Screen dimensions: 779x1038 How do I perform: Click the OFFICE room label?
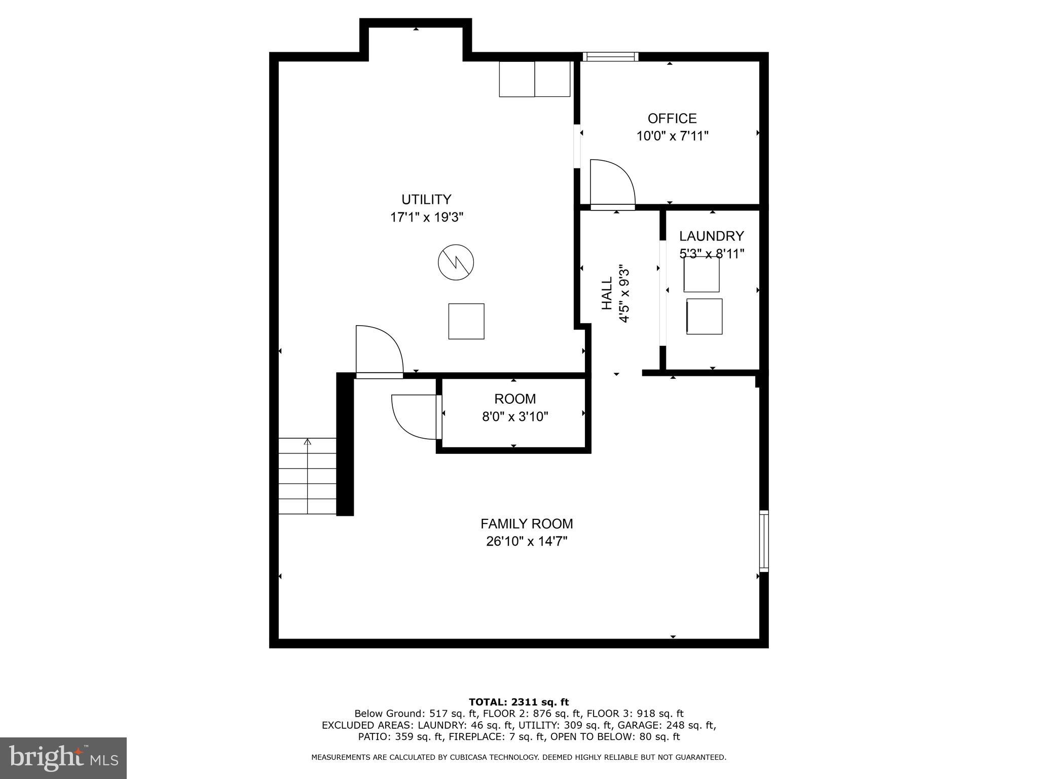(x=672, y=118)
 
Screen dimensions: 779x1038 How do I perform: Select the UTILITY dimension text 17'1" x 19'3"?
(x=427, y=217)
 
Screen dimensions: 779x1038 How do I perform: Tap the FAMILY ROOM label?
(x=527, y=523)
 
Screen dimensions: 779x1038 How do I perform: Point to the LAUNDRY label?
(x=711, y=236)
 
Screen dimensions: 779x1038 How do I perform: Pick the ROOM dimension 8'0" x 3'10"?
(x=515, y=417)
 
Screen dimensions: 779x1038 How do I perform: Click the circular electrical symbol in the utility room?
(x=456, y=262)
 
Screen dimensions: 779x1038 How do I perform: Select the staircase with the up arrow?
(x=307, y=476)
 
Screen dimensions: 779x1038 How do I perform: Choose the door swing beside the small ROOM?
(x=414, y=417)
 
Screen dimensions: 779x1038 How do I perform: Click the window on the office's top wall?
(x=610, y=56)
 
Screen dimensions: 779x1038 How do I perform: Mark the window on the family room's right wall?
(x=763, y=541)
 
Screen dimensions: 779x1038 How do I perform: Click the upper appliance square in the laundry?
(x=701, y=275)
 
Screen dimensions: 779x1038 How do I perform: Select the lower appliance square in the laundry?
(x=704, y=316)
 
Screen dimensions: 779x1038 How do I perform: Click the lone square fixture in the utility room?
(x=466, y=321)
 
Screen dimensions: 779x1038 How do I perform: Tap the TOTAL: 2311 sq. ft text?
(x=518, y=702)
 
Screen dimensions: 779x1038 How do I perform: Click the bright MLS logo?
(x=63, y=758)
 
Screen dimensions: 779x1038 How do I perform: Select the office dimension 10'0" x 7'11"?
(x=672, y=136)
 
